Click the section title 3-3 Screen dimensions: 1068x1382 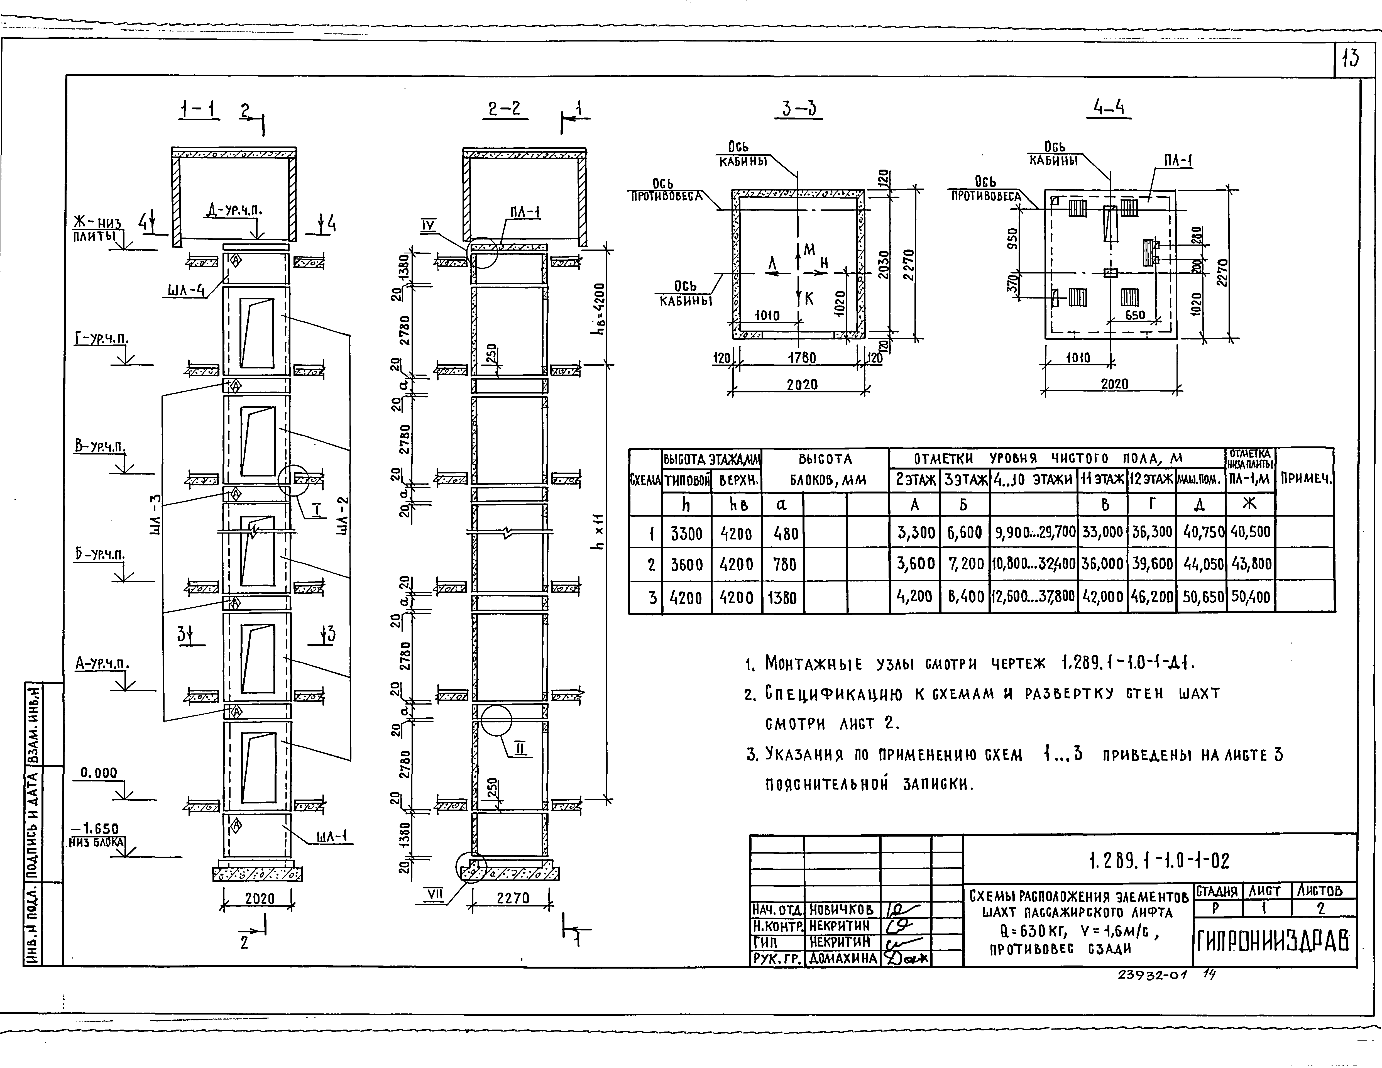[799, 109]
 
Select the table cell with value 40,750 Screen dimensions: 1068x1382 [1200, 532]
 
